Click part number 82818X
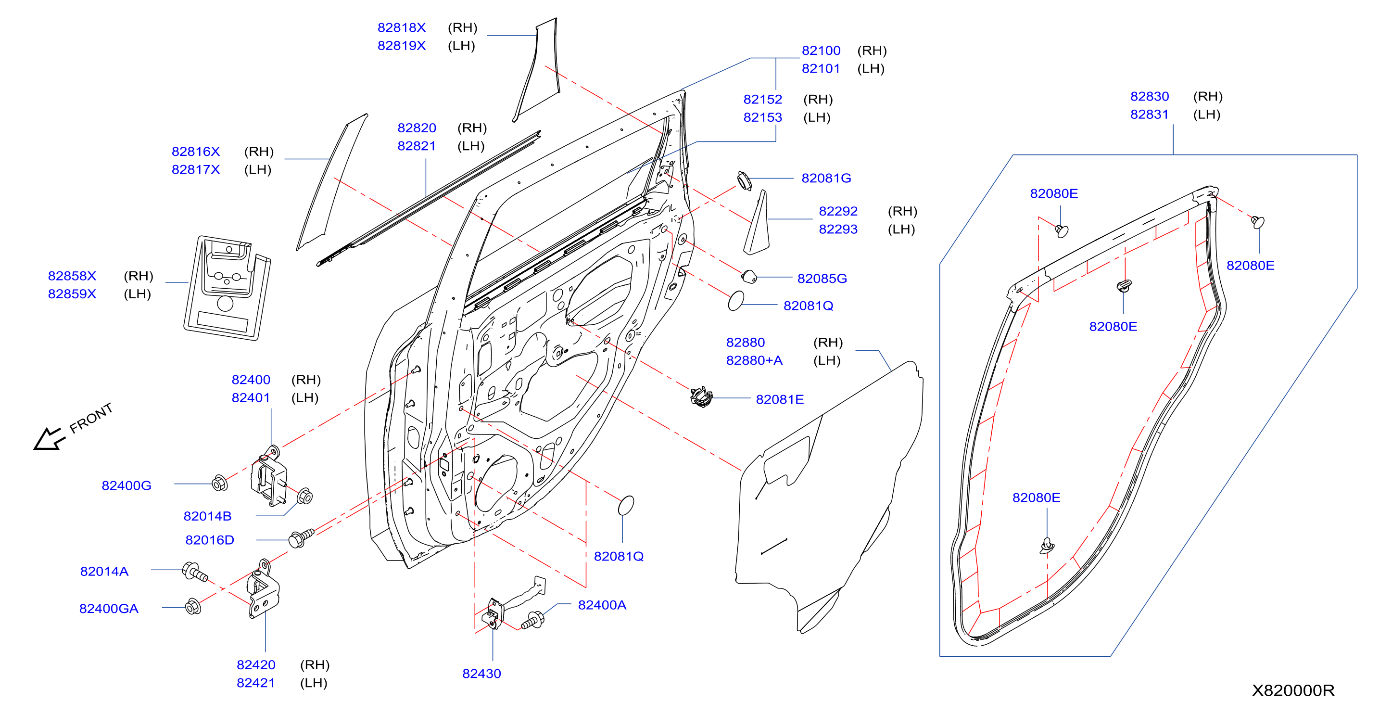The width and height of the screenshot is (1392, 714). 402,27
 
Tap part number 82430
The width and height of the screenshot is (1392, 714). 481,674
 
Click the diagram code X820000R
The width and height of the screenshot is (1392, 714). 1293,690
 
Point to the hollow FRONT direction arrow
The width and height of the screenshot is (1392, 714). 49,438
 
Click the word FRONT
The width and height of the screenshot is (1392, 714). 91,417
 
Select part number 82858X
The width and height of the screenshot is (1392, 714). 72,276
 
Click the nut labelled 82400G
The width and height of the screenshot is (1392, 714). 219,483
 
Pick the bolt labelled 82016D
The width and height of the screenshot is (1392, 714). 301,538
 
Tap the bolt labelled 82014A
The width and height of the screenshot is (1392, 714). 194,572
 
